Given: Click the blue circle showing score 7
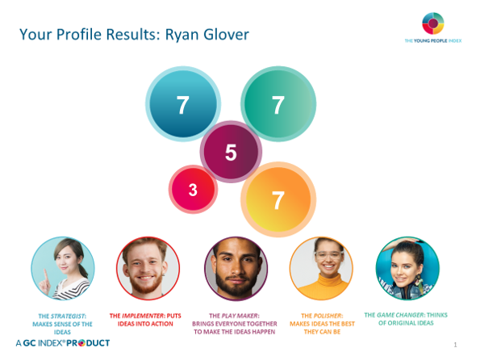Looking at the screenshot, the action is [183, 104].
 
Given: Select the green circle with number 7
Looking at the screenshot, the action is [278, 104].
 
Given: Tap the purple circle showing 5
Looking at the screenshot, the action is [231, 152].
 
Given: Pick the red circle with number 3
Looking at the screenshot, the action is [193, 190].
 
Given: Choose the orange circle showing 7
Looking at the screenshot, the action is [278, 199].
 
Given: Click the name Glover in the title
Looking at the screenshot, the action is [226, 35].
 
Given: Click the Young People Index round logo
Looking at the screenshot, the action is [433, 23].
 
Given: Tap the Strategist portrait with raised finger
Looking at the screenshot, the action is [63, 269].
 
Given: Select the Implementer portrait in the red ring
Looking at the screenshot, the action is [148, 269].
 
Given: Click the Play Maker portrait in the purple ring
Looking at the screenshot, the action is [236, 269].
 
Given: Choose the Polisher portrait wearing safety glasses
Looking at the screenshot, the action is [321, 269].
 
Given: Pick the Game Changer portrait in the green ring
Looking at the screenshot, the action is [407, 269].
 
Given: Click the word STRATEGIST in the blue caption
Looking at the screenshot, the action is [68, 316].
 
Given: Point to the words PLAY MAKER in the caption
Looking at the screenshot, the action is [240, 316].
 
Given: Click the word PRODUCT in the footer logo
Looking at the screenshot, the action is [88, 343].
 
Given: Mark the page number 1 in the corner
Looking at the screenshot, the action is [455, 345].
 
